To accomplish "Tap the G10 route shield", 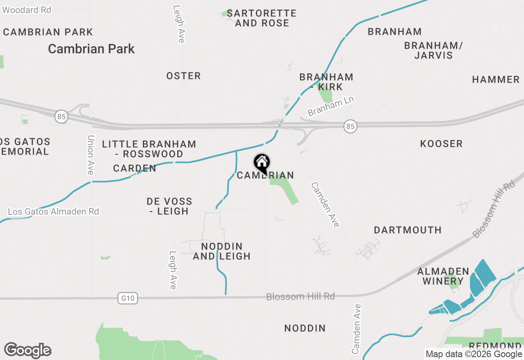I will [x=128, y=299].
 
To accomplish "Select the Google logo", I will [x=27, y=350].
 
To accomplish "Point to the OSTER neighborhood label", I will [x=183, y=76].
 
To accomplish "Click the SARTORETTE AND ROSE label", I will [x=262, y=18].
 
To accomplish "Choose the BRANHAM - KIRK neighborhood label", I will [x=326, y=82].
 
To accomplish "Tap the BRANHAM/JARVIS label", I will [x=433, y=50].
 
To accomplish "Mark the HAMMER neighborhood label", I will [x=496, y=79].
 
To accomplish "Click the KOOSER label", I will [x=441, y=144].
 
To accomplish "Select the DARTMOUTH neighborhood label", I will [x=408, y=230].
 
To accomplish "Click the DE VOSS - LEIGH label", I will [x=169, y=206].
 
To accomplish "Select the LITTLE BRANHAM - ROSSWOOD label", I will [x=149, y=149].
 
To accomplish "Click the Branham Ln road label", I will [x=331, y=106].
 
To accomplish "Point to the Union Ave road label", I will [x=91, y=155].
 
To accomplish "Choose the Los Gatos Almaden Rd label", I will [x=54, y=211].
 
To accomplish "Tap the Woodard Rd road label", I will [x=27, y=10].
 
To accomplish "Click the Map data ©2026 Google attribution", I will [x=474, y=354].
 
